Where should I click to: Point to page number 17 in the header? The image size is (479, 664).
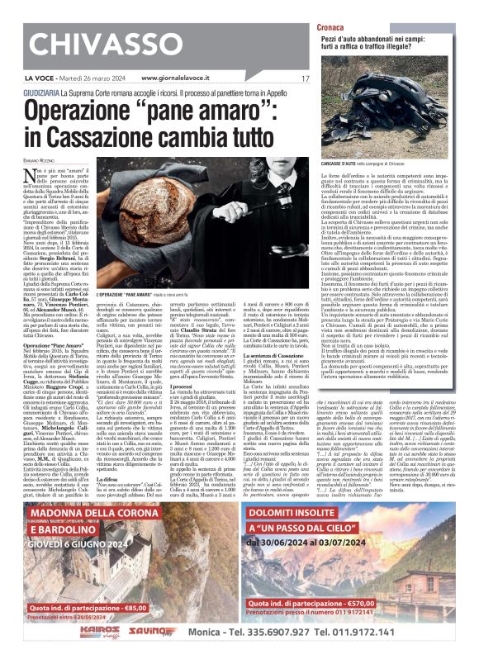coord(305,78)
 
